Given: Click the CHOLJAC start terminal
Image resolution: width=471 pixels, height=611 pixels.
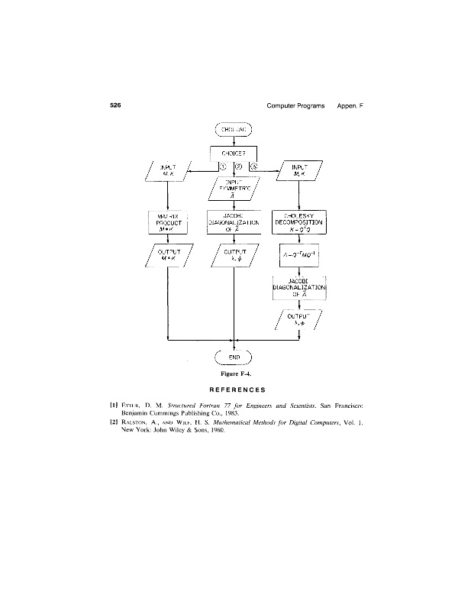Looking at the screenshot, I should tap(234, 128).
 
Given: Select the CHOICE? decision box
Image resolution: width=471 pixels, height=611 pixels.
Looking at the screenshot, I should tap(234, 152).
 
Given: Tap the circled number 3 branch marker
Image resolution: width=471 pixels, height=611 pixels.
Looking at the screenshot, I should tap(253, 167).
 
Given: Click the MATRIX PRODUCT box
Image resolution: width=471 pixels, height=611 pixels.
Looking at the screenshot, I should tap(168, 222).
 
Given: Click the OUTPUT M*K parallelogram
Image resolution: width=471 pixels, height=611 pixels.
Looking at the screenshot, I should tap(168, 255).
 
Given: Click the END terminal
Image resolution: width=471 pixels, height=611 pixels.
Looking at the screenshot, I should tap(235, 356).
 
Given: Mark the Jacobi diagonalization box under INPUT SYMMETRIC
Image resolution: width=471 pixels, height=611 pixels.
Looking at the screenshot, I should tap(234, 222).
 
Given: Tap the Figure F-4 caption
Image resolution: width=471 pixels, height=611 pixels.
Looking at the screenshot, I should tap(235, 373).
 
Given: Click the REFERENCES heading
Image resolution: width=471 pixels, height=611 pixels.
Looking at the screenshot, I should tap(235, 390).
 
